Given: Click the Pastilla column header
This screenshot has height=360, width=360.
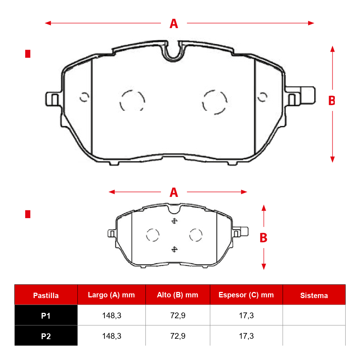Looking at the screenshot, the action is [x=46, y=295].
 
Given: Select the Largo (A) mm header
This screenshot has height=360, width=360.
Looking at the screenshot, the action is [x=111, y=295].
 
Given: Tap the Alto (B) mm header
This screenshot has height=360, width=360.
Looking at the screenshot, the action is [x=177, y=295].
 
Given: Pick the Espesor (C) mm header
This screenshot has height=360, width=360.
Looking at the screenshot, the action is [x=246, y=295].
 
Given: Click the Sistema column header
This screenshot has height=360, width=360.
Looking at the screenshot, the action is [x=314, y=296].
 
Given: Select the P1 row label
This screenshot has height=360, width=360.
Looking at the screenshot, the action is [x=46, y=316].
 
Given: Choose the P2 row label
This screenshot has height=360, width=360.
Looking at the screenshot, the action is [x=46, y=336].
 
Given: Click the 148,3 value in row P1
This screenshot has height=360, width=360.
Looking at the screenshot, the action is [x=112, y=316].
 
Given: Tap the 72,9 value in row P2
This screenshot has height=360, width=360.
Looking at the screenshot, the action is [x=178, y=336].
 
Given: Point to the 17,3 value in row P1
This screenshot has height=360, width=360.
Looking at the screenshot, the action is [x=246, y=316].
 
